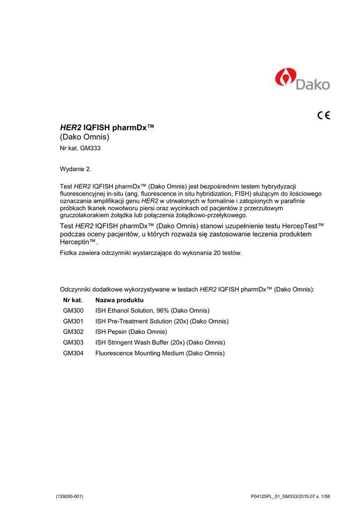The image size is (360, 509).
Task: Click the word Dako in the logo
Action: pos(313,84)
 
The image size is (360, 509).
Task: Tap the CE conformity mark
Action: pos(323,116)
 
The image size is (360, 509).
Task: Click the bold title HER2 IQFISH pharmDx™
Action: pos(107,128)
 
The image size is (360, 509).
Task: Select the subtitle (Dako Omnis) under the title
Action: pos(84,137)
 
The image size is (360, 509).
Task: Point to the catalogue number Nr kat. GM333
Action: pos(81,148)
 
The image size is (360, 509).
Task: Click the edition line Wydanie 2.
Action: pos(76,170)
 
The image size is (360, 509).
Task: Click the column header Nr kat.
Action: pos(73,300)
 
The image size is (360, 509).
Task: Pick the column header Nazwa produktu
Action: pos(119,300)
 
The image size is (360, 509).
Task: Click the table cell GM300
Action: pos(73,311)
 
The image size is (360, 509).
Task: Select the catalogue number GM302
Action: pos(73,332)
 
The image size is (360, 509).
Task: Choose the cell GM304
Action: pos(73,353)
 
